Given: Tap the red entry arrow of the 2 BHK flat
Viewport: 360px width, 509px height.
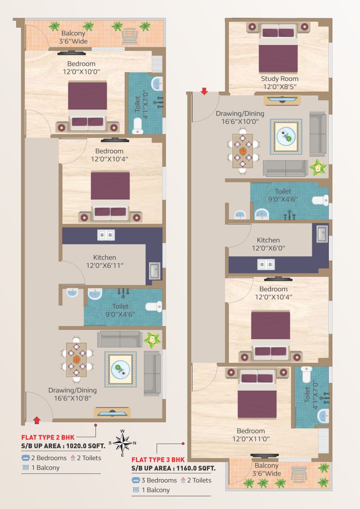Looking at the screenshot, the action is [37, 420].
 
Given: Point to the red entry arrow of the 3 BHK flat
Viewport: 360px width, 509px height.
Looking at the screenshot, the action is [204, 91].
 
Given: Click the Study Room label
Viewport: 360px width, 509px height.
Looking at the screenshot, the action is [279, 79].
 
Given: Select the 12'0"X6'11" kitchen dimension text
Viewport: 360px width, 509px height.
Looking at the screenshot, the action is [104, 265].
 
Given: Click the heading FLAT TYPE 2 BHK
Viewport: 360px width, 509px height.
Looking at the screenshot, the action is [48, 437].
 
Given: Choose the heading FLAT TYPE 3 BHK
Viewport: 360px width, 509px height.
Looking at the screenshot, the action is [158, 460].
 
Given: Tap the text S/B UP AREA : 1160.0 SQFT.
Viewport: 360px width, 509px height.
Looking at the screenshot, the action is [173, 468].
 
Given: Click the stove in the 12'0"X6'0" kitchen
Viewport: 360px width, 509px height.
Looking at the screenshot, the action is [266, 264].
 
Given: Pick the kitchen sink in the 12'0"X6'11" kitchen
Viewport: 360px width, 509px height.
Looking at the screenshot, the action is [155, 271].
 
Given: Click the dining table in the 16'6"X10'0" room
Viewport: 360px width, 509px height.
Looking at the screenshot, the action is [242, 151].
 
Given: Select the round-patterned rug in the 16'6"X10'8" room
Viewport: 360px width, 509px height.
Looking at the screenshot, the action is [121, 369].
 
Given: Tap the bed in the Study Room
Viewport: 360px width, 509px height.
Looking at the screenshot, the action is [278, 48].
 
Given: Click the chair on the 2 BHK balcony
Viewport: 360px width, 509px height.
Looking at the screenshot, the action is [130, 36].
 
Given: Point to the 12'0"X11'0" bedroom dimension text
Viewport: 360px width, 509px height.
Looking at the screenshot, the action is [251, 439].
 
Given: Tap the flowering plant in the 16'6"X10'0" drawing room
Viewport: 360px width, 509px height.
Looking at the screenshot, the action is [318, 168].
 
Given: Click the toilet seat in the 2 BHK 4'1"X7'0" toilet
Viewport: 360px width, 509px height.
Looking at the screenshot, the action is [138, 126].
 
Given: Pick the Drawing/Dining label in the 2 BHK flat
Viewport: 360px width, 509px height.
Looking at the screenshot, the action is [73, 390].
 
